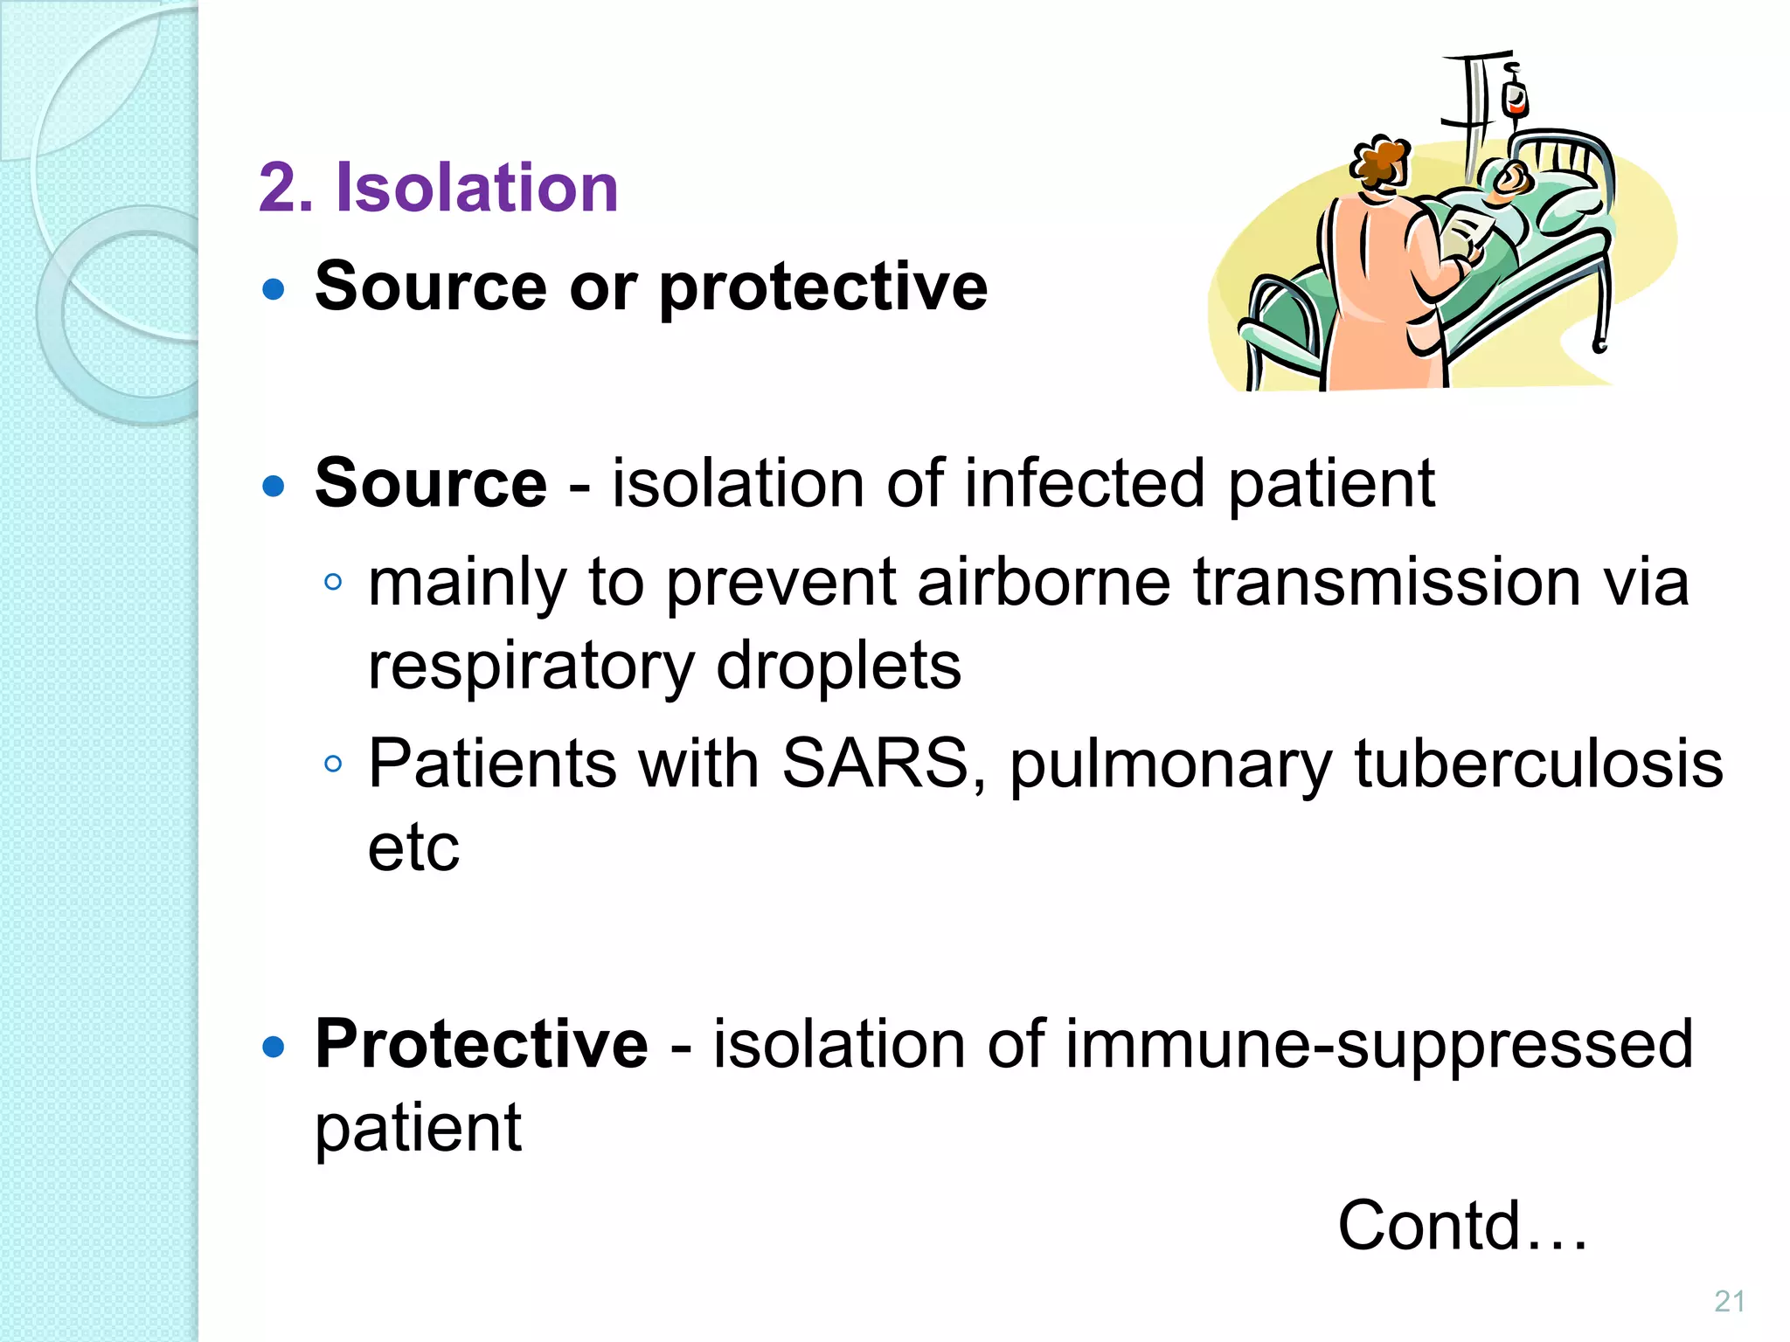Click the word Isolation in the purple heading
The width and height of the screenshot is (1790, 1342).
(x=477, y=188)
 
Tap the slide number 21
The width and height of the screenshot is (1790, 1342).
(x=1730, y=1301)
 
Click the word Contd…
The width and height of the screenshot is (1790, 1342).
(x=1462, y=1226)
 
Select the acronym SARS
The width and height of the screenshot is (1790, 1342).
(x=874, y=764)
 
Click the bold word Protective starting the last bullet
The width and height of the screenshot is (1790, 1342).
(x=482, y=1044)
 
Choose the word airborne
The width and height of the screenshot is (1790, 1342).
(x=1044, y=583)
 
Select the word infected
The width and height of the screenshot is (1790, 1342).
(x=1085, y=483)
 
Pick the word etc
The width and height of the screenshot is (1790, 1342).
(x=413, y=847)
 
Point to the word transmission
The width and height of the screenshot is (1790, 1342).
(x=1386, y=583)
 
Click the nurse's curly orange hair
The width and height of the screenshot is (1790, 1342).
(x=1379, y=162)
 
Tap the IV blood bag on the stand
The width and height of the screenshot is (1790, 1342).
(x=1515, y=100)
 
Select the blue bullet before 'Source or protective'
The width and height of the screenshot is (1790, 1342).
(x=274, y=289)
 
